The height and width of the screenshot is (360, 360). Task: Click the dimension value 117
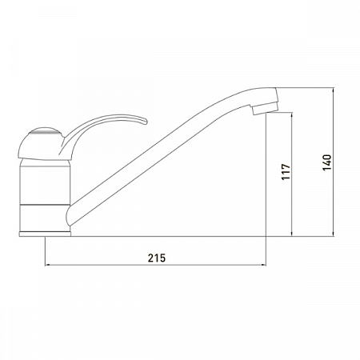286,173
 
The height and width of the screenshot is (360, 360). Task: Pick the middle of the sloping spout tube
160,157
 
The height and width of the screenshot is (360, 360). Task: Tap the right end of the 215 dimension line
267,266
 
